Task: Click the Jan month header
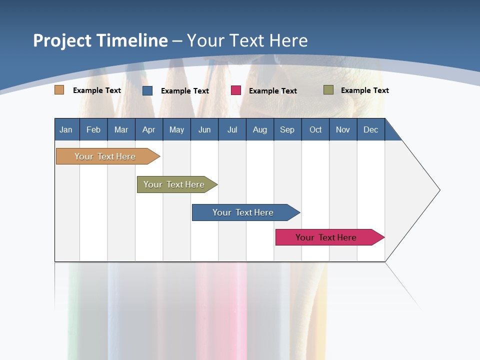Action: (66, 129)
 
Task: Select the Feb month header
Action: (93, 129)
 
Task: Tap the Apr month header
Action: (149, 129)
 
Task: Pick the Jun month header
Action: (204, 129)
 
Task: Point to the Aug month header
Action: (260, 129)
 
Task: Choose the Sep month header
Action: (287, 129)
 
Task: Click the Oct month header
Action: (315, 129)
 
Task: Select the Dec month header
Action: (371, 129)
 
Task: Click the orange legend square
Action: (59, 90)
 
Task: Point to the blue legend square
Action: (147, 90)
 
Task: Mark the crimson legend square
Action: (236, 90)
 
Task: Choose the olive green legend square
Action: (328, 90)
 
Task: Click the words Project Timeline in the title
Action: (100, 40)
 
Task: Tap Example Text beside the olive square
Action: (364, 90)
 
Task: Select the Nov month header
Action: (343, 129)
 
